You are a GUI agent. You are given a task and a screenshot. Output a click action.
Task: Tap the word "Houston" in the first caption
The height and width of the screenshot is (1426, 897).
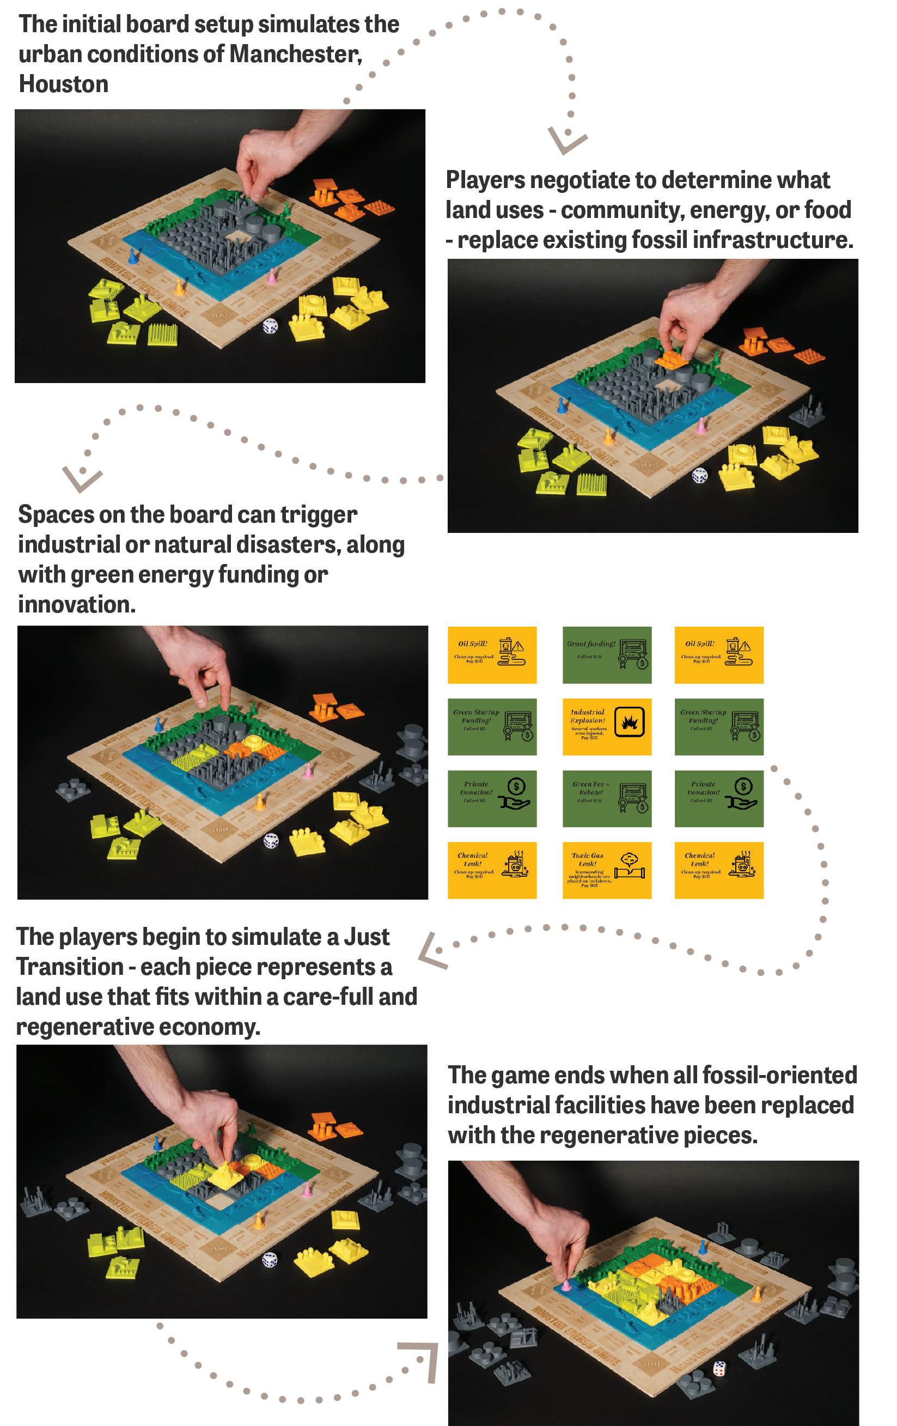click(63, 84)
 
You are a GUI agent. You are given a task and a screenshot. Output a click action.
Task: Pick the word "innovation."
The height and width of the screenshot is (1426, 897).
click(76, 604)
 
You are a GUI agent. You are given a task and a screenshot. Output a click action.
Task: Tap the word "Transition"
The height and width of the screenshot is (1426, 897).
click(70, 967)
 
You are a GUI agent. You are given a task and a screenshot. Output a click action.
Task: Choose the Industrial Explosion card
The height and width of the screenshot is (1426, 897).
click(607, 726)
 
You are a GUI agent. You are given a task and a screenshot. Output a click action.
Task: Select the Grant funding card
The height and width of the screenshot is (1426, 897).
click(607, 654)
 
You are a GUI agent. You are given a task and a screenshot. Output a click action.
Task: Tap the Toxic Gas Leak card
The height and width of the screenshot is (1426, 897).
click(607, 870)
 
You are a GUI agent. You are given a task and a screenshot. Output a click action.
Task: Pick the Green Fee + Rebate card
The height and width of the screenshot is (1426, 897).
click(607, 798)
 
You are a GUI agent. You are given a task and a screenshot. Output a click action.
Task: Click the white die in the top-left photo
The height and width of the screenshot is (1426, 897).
click(270, 325)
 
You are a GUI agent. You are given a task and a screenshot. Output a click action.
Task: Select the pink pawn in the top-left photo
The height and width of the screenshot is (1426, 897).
click(272, 276)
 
